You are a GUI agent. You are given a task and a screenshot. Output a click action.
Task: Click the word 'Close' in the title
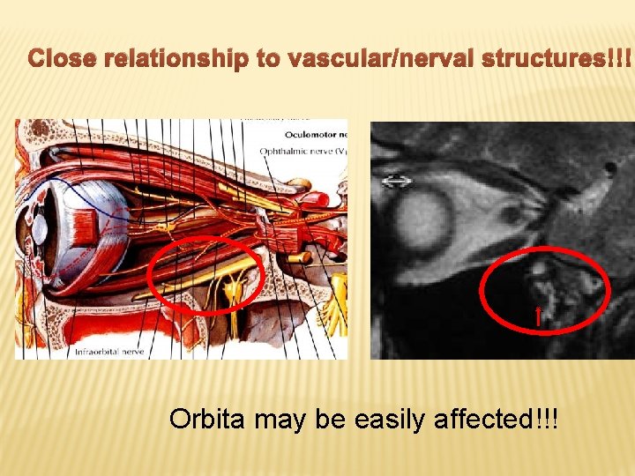[x=63, y=60]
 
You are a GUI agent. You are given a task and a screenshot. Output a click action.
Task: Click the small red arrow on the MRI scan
[x=538, y=316]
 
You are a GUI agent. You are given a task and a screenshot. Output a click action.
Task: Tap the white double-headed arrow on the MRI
[x=397, y=182]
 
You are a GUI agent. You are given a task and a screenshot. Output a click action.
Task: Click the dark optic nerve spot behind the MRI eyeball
[x=511, y=214]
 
